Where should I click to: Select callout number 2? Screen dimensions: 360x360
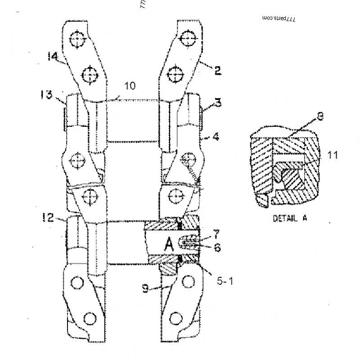pyautogui.click(x=217, y=71)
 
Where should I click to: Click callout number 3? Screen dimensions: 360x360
pyautogui.click(x=217, y=103)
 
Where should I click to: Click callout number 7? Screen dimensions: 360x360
pyautogui.click(x=216, y=234)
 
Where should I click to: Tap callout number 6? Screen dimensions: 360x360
pyautogui.click(x=217, y=247)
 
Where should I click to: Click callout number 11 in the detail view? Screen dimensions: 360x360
pyautogui.click(x=332, y=155)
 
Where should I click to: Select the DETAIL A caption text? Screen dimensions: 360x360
pyautogui.click(x=290, y=219)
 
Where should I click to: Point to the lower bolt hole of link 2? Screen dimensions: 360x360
pyautogui.click(x=174, y=73)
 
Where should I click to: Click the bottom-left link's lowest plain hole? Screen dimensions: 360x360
pyautogui.click(x=90, y=319)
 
